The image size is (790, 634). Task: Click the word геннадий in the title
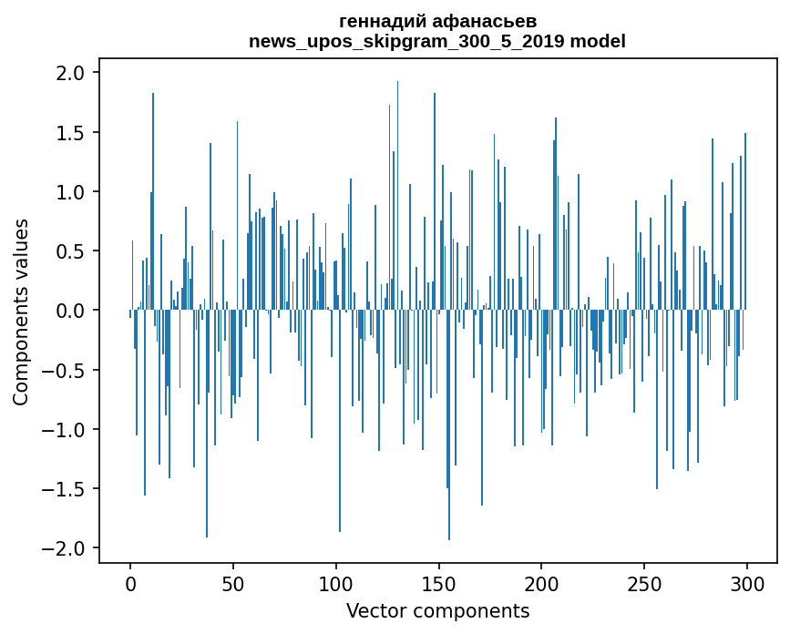click(x=383, y=21)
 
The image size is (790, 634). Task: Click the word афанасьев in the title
click(x=482, y=21)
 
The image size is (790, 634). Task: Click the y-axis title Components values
click(x=21, y=312)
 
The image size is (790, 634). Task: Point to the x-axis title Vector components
click(x=437, y=610)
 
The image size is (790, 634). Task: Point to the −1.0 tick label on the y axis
click(x=66, y=430)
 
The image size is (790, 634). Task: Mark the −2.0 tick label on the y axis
click(x=66, y=548)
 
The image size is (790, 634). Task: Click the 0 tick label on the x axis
click(x=130, y=583)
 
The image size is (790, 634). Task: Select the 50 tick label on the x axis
click(x=233, y=583)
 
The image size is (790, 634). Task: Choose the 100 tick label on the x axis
click(x=336, y=583)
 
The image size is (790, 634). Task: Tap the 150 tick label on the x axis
click(x=438, y=583)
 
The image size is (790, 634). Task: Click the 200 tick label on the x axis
click(x=541, y=583)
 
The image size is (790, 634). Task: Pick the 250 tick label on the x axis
click(x=644, y=583)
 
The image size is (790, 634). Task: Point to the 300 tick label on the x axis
click(x=747, y=583)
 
